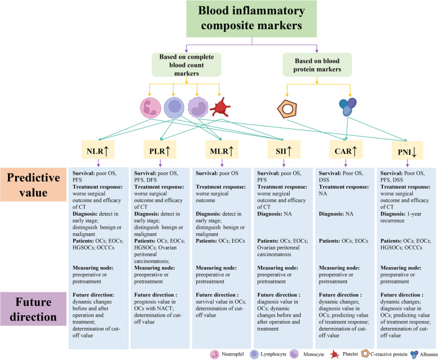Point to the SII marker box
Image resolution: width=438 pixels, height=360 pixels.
click(x=284, y=150)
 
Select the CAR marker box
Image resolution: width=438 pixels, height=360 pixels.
click(x=346, y=150)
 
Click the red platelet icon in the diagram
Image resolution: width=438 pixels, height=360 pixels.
click(x=219, y=107)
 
